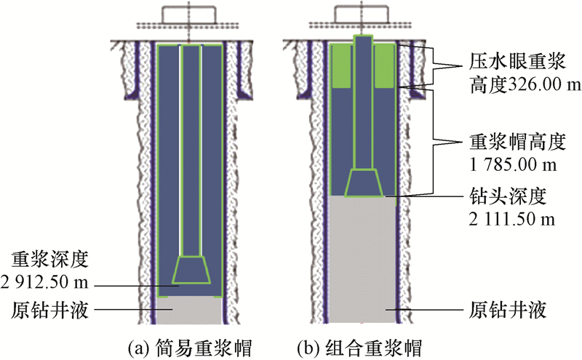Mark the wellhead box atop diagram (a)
[188, 15]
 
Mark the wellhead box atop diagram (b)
[363, 15]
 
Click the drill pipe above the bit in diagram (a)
[191, 145]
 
